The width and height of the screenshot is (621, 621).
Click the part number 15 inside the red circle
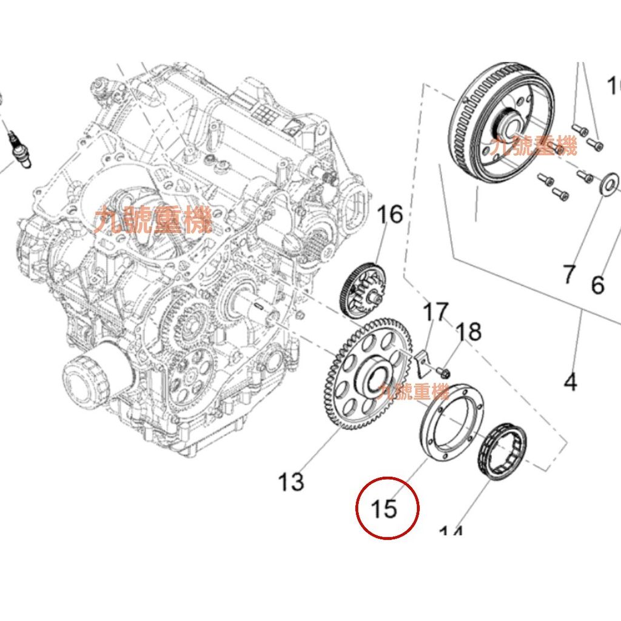(384, 508)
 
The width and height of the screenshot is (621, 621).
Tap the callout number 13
(290, 482)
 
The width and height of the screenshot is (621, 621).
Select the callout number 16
(390, 214)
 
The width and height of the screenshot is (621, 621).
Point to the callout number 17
(435, 312)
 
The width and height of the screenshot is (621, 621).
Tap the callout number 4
(570, 383)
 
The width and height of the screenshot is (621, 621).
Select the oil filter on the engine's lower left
(92, 377)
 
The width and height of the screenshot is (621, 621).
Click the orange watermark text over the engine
(153, 219)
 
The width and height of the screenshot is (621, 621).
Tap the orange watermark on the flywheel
(534, 146)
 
